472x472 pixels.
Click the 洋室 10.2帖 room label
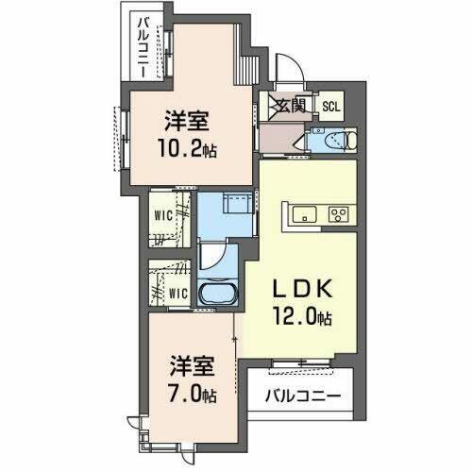click(x=187, y=123)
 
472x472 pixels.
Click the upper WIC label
click(x=164, y=213)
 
